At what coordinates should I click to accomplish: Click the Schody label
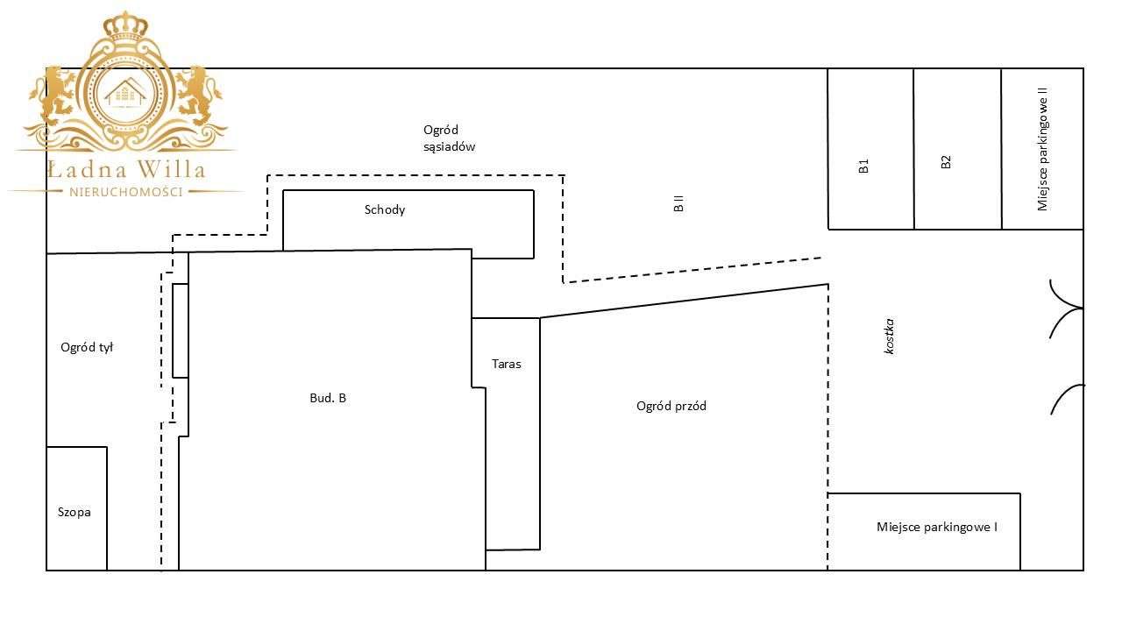[x=385, y=209]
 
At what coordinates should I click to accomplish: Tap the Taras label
[x=507, y=364]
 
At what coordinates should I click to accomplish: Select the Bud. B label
[x=328, y=398]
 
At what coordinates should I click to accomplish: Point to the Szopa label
[x=75, y=513]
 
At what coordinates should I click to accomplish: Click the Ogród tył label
[x=87, y=348]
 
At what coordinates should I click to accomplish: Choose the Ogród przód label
[x=671, y=406]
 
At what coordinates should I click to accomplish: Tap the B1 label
[x=863, y=166]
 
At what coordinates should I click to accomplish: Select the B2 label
[x=946, y=162]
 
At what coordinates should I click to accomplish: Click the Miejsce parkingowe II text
[x=1042, y=149]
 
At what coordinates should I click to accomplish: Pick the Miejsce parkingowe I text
[x=937, y=528]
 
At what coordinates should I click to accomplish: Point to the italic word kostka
[x=890, y=336]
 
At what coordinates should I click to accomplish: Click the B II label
[x=678, y=204]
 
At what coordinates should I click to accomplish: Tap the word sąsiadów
[x=450, y=146]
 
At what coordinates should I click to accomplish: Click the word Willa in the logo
[x=171, y=169]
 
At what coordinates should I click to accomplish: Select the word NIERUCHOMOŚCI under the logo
[x=125, y=192]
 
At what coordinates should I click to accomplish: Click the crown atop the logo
[x=125, y=26]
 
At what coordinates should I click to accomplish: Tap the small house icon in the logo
[x=125, y=92]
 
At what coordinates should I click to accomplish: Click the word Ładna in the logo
[x=89, y=169]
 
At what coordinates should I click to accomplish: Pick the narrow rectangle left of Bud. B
[x=181, y=330]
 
